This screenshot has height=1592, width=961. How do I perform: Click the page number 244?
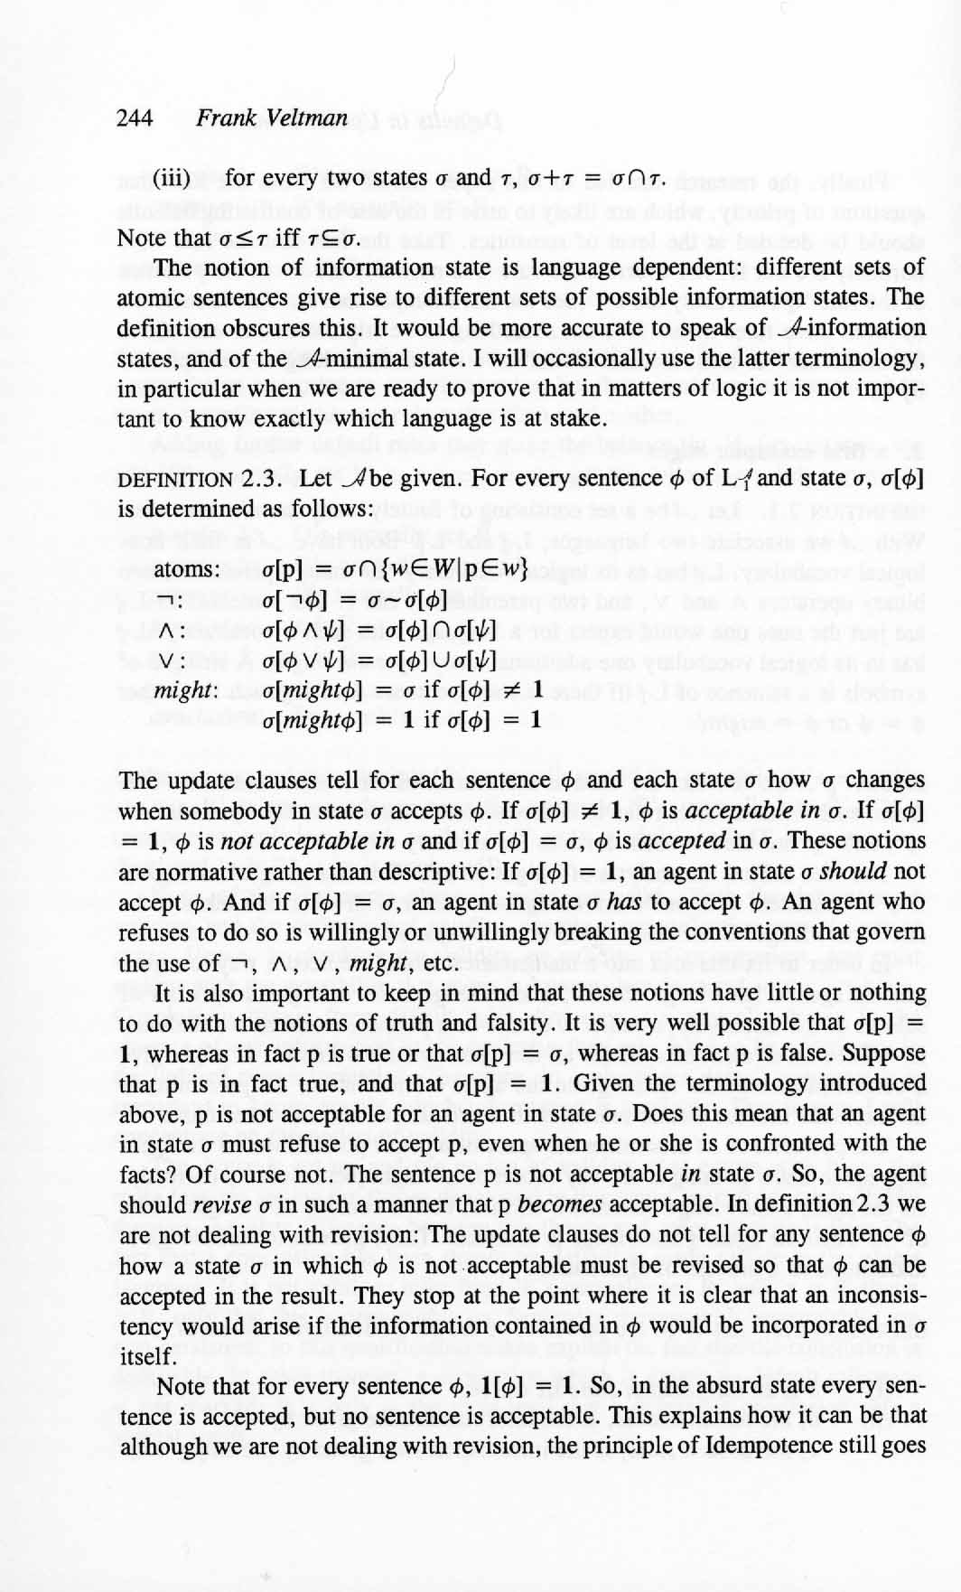coord(135,117)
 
